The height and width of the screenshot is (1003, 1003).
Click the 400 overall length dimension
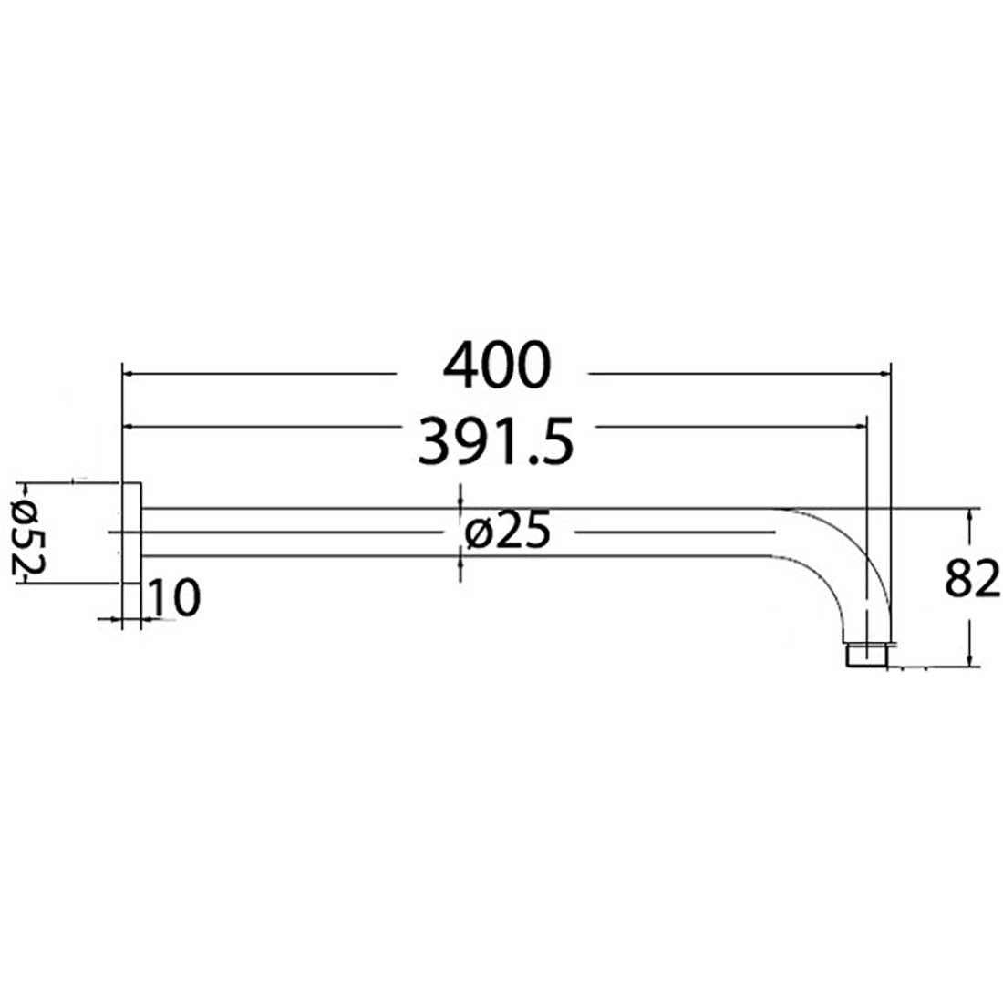point(497,366)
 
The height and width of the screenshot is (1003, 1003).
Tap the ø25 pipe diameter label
point(506,532)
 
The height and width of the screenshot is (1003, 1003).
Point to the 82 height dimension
point(973,580)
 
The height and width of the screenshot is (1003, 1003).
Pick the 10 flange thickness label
point(173,599)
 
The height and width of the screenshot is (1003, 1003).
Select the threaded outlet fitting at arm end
point(866,656)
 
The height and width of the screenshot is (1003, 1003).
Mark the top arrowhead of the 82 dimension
point(973,515)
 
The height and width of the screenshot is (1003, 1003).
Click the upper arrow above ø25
point(460,500)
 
